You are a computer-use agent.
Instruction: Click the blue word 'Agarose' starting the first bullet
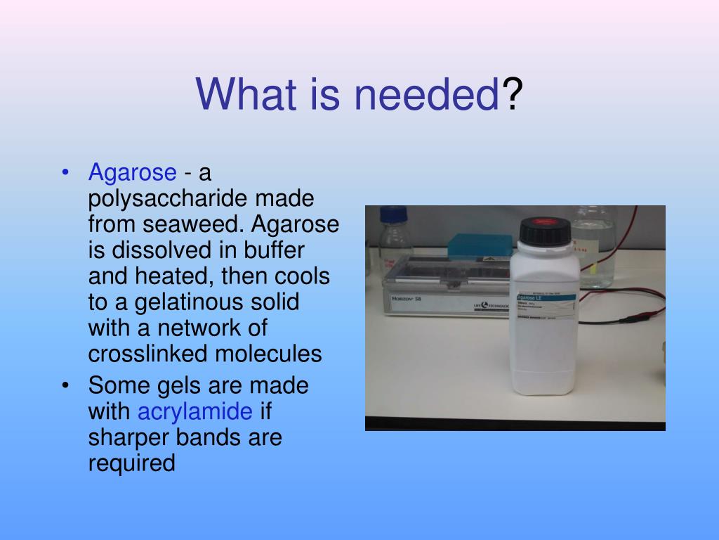132,172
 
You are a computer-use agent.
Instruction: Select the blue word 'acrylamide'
194,411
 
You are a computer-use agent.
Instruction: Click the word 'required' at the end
131,463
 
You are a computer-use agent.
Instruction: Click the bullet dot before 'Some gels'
65,386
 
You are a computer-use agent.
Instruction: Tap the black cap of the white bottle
545,231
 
